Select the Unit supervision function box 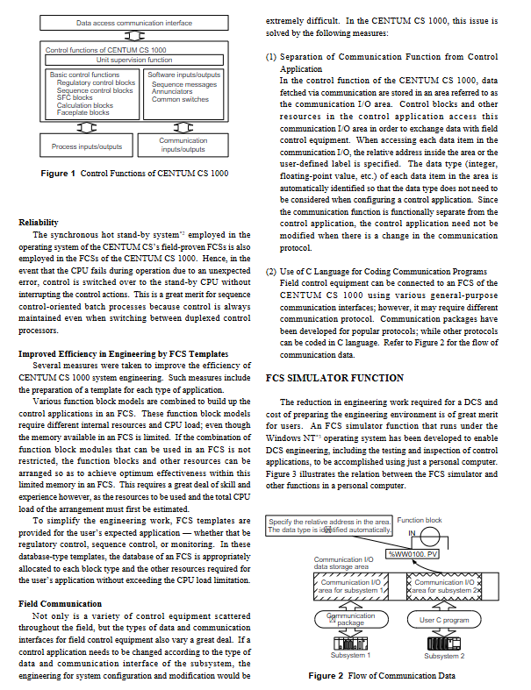pyautogui.click(x=134, y=60)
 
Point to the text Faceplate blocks pyautogui.click(x=83, y=112)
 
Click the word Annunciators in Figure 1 pyautogui.click(x=173, y=92)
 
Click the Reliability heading pyautogui.click(x=38, y=223)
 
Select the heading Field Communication pyautogui.click(x=59, y=605)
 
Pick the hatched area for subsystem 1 pyautogui.click(x=350, y=587)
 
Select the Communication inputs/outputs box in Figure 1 pyautogui.click(x=183, y=145)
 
